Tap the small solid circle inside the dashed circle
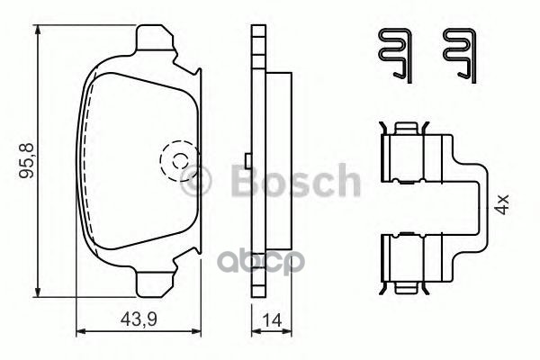(x=178, y=163)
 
